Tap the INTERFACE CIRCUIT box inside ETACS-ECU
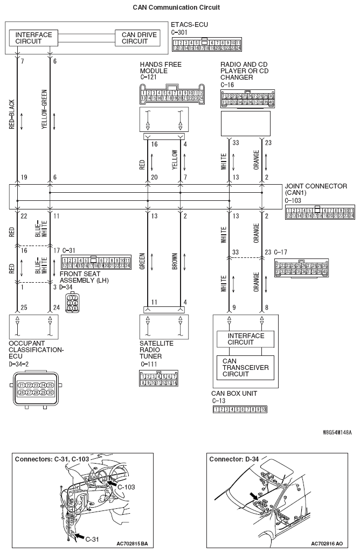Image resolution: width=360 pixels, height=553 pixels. [x=33, y=38]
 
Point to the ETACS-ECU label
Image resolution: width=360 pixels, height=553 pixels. [x=189, y=25]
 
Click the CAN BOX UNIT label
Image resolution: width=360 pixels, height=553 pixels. [x=234, y=394]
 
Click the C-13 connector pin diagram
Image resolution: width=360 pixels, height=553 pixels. [x=240, y=410]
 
